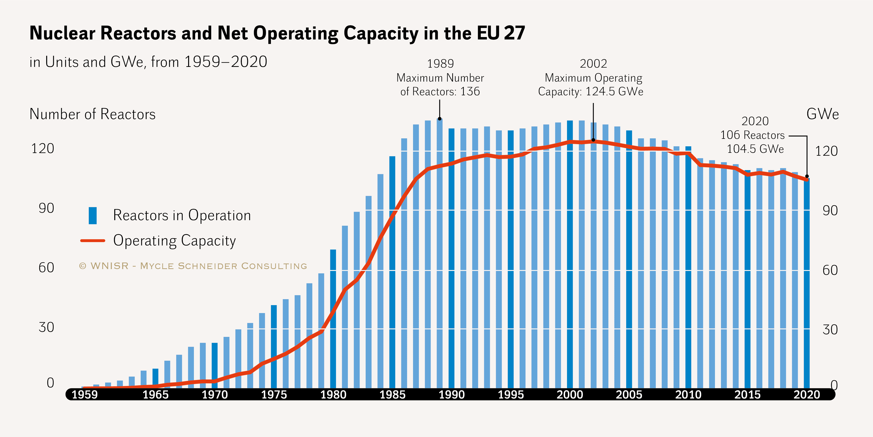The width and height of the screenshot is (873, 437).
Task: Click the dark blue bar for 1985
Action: tap(392, 271)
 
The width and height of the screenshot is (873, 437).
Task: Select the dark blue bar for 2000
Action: tap(570, 254)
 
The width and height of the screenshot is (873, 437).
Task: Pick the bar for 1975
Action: tap(274, 346)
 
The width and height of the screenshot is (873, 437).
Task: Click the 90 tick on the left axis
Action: tap(46, 208)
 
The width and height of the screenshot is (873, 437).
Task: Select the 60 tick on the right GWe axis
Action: tap(830, 270)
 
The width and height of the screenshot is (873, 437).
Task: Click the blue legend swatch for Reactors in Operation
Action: tap(93, 216)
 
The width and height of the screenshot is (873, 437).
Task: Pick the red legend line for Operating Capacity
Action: tap(93, 241)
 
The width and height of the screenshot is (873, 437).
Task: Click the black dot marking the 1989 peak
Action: tap(440, 119)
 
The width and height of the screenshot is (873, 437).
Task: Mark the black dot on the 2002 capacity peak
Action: tap(593, 140)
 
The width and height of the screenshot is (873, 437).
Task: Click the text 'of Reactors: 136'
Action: tap(440, 91)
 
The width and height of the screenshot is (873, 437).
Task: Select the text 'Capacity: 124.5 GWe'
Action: tap(590, 91)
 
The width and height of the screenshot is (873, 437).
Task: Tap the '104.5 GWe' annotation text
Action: tap(755, 149)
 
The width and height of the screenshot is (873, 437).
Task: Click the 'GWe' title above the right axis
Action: tap(822, 114)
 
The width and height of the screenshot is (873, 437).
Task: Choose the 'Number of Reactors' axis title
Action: tap(93, 114)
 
